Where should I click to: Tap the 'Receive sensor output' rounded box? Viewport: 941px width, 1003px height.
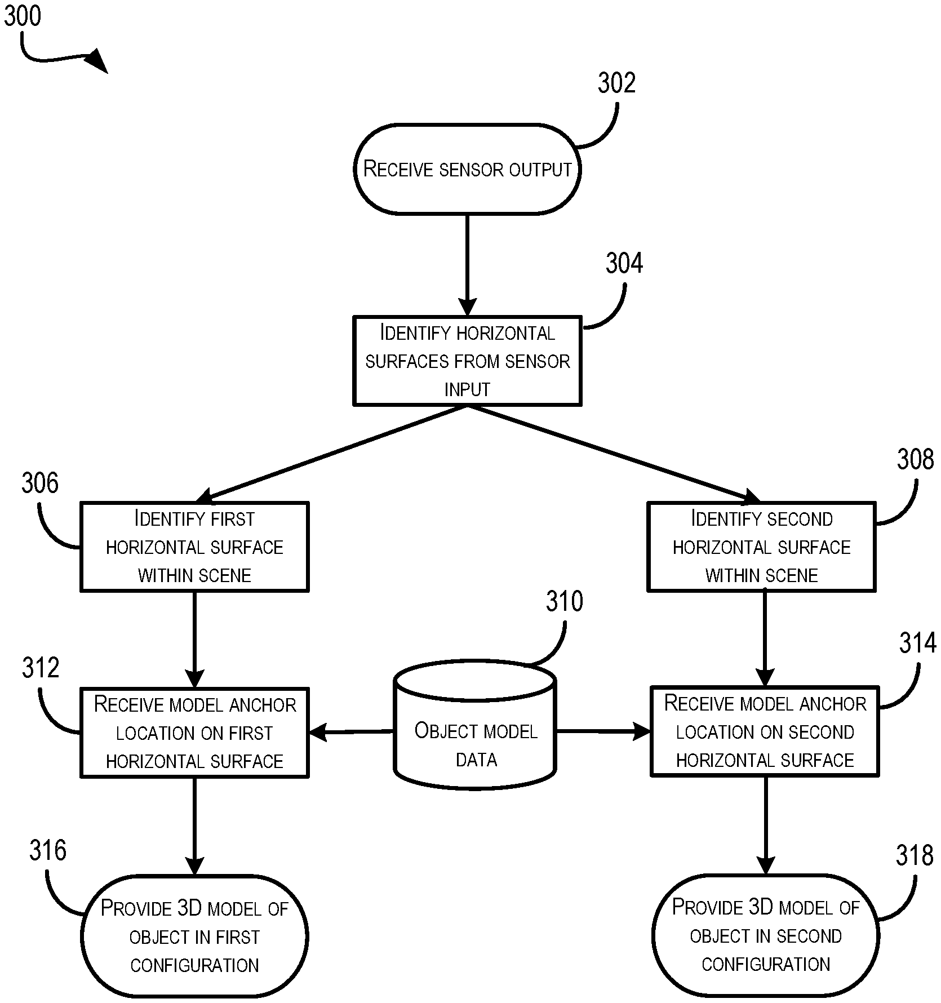tap(467, 169)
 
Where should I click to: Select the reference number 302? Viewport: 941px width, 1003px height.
tap(616, 83)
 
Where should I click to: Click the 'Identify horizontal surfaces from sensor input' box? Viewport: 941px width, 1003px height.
tap(467, 361)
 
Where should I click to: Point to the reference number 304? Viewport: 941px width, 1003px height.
tap(624, 264)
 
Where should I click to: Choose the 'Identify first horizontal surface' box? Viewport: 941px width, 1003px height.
tap(194, 547)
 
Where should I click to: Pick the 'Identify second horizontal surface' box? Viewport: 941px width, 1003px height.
tap(761, 547)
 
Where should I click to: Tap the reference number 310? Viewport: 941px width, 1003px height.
tap(564, 602)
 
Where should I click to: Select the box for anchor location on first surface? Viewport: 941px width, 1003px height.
tap(194, 733)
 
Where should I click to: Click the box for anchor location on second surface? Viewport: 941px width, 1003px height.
tap(765, 731)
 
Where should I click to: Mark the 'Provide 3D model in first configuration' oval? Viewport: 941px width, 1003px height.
tap(194, 937)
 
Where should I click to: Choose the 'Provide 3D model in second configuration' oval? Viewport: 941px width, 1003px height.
tap(765, 935)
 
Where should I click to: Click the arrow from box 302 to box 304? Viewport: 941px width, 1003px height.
tap(467, 265)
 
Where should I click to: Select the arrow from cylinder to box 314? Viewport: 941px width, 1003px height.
tap(603, 731)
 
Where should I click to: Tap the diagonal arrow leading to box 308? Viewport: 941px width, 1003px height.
tap(614, 454)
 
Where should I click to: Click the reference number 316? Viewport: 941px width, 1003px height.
tap(47, 850)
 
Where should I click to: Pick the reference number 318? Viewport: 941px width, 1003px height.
tap(914, 856)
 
